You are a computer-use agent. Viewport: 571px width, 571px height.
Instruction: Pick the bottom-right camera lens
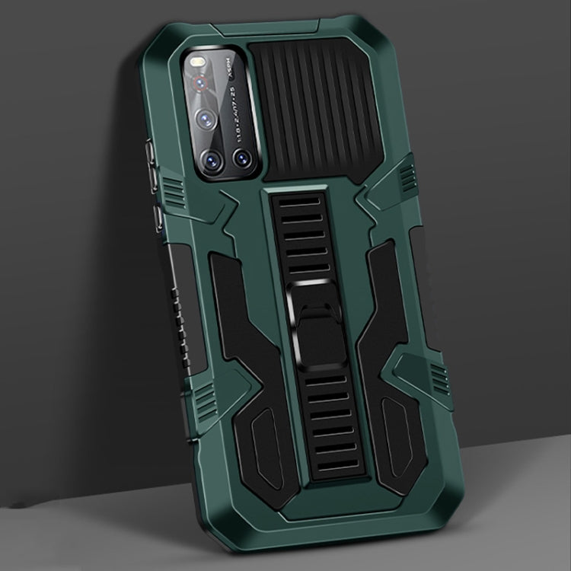point(243,158)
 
